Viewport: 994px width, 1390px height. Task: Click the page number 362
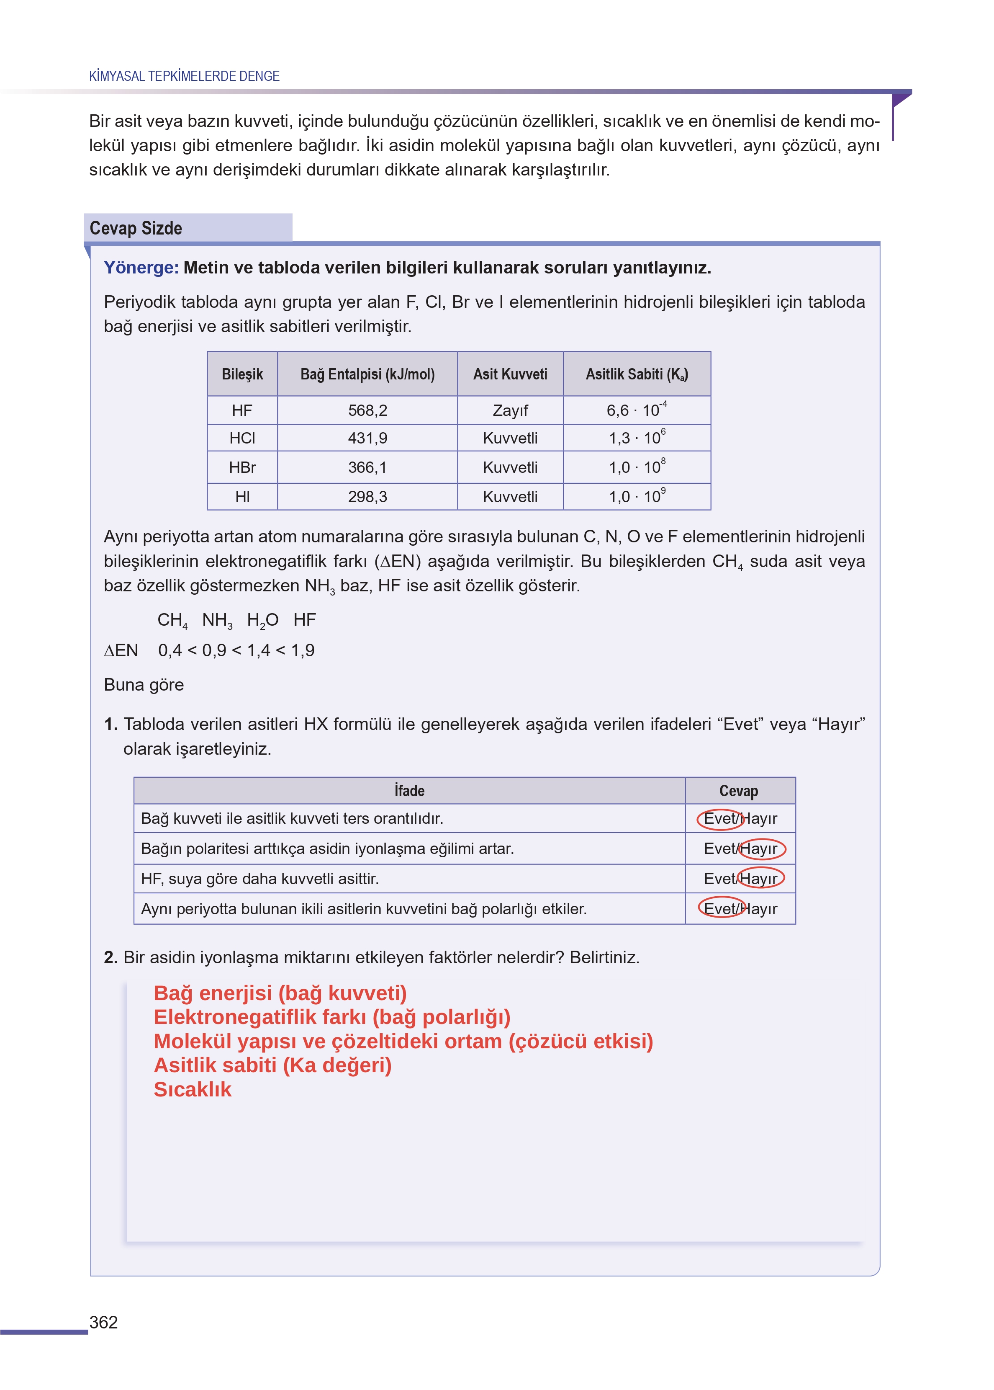tap(103, 1322)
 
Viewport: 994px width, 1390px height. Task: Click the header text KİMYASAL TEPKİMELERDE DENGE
tap(184, 76)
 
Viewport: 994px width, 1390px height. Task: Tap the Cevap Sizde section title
tap(136, 228)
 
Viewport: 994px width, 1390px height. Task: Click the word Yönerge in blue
tap(140, 268)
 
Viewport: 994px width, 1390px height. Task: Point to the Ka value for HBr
tap(637, 467)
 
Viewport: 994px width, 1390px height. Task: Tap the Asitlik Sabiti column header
tap(637, 374)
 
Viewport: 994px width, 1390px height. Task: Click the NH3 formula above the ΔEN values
tap(217, 620)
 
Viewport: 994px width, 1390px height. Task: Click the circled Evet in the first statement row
tap(720, 819)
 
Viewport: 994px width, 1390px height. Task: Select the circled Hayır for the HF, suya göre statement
tap(760, 879)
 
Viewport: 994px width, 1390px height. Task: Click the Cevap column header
tap(739, 791)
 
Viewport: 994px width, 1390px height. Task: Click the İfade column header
tap(409, 791)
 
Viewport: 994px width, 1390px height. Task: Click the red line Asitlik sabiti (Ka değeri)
tap(272, 1065)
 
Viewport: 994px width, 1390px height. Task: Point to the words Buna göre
tap(144, 685)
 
